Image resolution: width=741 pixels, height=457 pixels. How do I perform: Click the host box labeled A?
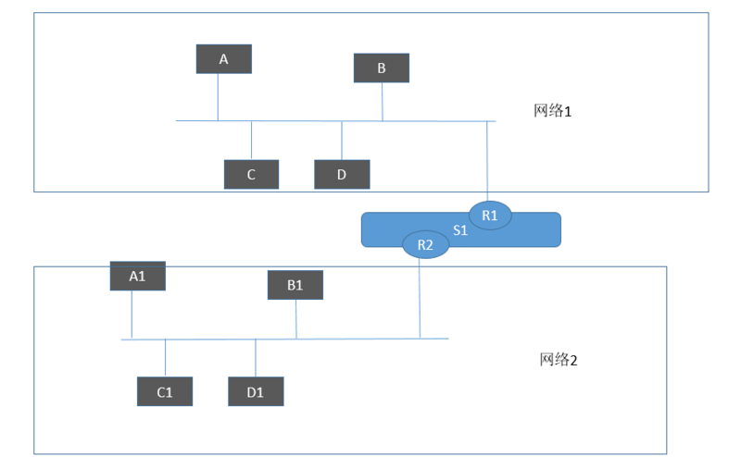click(223, 59)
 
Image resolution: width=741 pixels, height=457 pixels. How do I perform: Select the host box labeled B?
click(382, 68)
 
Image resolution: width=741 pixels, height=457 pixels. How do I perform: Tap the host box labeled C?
click(251, 174)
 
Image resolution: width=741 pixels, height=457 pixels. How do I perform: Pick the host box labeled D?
click(342, 174)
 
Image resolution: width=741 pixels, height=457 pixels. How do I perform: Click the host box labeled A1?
click(137, 276)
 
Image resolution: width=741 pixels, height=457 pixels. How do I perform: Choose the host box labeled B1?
click(295, 285)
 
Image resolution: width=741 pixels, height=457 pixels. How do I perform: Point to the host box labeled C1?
click(165, 391)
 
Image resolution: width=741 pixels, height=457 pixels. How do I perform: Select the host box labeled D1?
click(256, 391)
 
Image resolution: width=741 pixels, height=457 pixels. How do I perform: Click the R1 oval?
click(490, 216)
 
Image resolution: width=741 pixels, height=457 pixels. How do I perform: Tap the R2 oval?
click(425, 244)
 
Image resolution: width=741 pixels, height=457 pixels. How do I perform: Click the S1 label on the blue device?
click(459, 230)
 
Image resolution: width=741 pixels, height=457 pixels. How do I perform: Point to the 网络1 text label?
click(555, 111)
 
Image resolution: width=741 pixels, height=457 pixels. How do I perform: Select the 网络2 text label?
click(559, 360)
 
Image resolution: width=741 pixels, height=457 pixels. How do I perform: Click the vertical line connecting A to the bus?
click(218, 97)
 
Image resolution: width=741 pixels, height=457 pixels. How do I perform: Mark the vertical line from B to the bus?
click(383, 102)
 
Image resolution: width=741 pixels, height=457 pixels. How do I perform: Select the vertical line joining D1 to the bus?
click(256, 358)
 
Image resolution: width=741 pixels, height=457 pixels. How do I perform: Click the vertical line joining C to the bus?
click(251, 140)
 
